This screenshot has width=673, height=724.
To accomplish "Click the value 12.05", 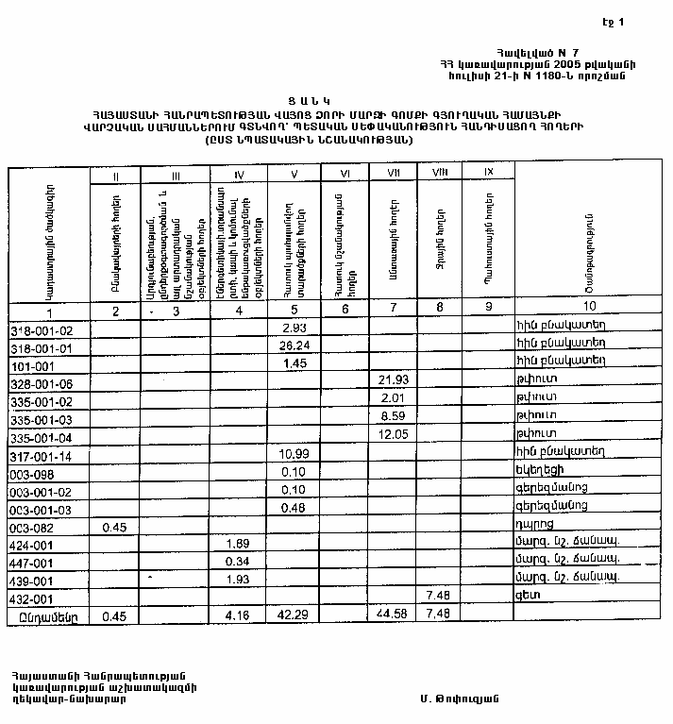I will [x=392, y=434].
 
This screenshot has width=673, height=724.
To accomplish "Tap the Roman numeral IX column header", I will [x=488, y=173].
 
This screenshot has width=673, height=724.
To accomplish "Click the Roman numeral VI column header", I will [x=343, y=174].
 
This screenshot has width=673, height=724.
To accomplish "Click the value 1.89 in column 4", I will [x=239, y=544].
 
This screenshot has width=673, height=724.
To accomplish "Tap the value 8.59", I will [x=392, y=416].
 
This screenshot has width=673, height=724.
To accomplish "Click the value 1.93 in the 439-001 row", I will [x=239, y=579].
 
